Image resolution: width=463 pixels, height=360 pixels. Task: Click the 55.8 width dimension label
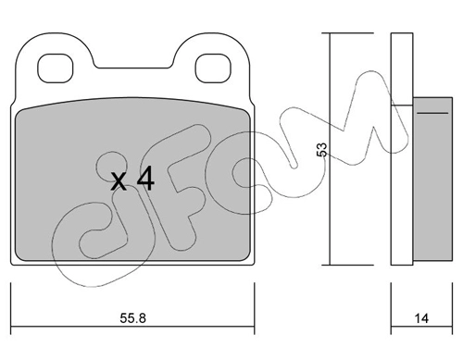click(132, 318)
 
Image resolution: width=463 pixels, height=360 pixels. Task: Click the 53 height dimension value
click(321, 149)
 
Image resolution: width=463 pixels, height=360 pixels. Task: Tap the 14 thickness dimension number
click(421, 318)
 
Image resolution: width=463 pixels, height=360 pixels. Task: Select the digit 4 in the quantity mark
click(145, 179)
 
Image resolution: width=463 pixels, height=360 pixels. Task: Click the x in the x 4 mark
click(119, 181)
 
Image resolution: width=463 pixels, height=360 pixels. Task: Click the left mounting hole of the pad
click(56, 68)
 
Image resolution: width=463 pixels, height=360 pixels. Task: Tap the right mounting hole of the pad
click(213, 68)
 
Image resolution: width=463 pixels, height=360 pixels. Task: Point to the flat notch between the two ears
click(132, 68)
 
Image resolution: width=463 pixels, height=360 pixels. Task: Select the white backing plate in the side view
click(402, 149)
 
